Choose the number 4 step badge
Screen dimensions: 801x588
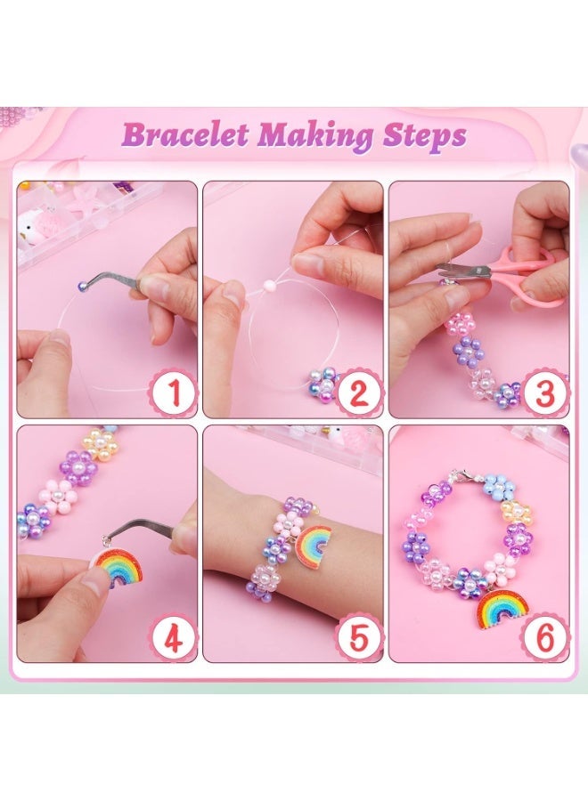pos(174,636)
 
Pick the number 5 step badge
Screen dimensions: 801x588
pos(360,636)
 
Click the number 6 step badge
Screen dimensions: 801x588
pos(545,636)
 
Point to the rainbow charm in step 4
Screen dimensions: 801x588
pos(121,568)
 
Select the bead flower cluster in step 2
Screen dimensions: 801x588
pos(320,384)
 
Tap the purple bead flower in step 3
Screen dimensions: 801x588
pos(467,352)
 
